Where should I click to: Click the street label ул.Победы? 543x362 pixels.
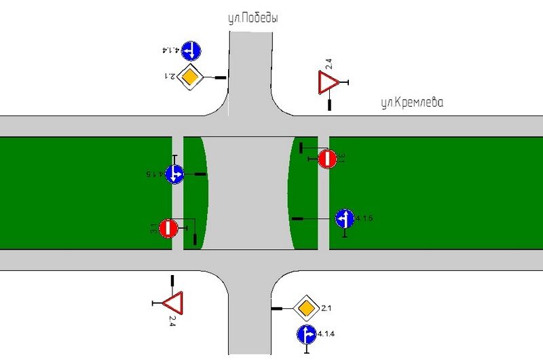[x=252, y=20]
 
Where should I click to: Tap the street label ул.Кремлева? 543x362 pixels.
[x=411, y=103]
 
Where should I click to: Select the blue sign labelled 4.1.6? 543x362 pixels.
[x=344, y=219]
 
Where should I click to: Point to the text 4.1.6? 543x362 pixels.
[x=364, y=219]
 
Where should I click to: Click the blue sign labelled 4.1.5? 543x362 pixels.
[x=175, y=174]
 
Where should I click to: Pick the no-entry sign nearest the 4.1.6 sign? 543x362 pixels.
[x=327, y=159]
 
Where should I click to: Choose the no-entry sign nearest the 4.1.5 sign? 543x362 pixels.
[x=168, y=228]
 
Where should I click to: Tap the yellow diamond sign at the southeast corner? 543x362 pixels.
[x=306, y=309]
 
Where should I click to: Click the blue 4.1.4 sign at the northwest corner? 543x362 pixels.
[x=191, y=50]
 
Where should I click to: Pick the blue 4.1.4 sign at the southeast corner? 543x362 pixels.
[x=306, y=334]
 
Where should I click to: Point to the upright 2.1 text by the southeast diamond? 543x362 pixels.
[x=326, y=309]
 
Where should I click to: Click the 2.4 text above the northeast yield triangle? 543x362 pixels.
[x=329, y=65]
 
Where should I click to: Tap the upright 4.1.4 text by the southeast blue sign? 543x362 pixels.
[x=328, y=334]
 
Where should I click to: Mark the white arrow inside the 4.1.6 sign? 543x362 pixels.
[x=344, y=219]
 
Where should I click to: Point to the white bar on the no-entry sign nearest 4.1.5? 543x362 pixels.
[x=168, y=228]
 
